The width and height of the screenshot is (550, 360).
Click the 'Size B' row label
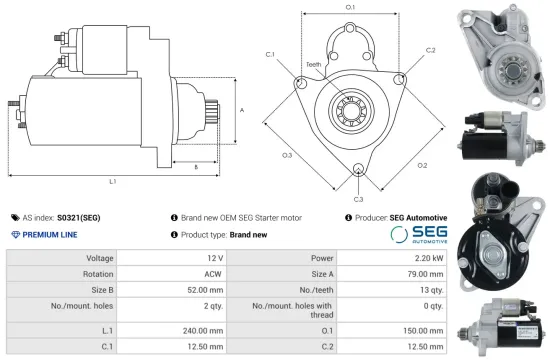click(96, 291)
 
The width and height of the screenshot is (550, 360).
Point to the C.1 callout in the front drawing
click(270, 54)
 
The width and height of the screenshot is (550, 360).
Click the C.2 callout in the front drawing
click(430, 49)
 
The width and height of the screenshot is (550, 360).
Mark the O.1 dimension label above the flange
click(350, 8)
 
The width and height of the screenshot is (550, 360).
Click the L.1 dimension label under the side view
click(113, 181)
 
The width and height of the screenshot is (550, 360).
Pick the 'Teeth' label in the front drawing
click(314, 65)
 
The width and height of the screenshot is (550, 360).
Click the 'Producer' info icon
click(348, 217)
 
